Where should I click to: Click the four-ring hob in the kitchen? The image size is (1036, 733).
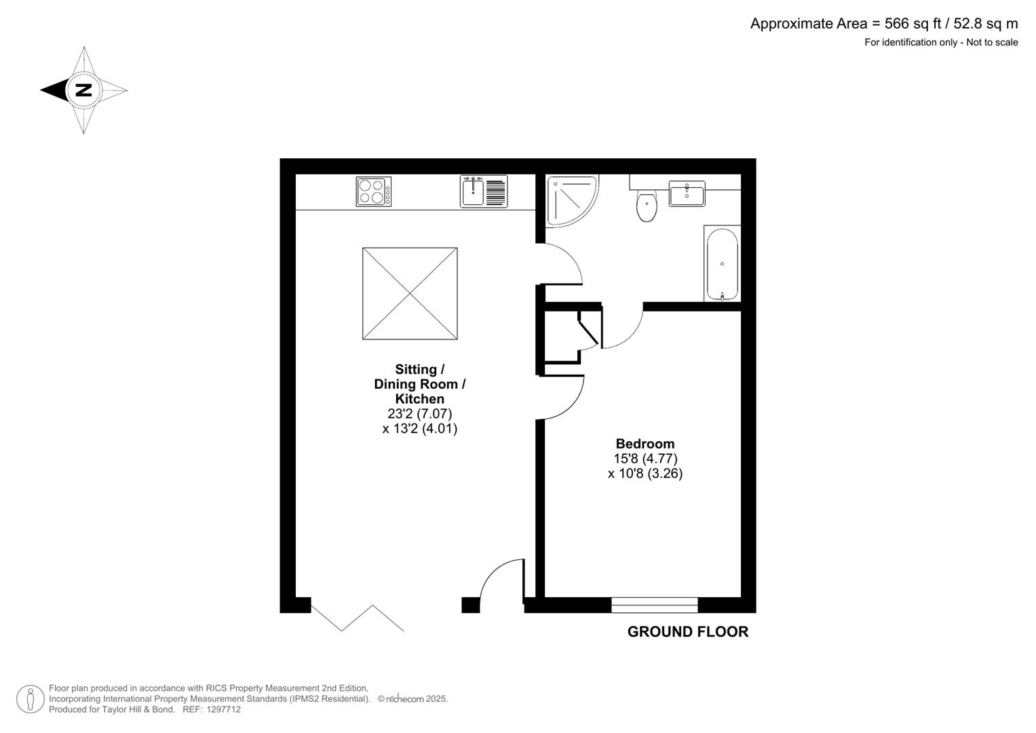coord(373,191)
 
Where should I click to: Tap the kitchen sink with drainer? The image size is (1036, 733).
coord(483,191)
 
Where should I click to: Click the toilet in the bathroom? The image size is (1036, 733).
coord(647,206)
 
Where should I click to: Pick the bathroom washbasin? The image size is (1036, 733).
coord(687,193)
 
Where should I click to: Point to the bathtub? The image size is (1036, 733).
coord(722,264)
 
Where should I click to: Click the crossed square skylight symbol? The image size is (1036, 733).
coord(410,293)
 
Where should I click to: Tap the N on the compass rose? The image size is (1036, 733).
coord(83,90)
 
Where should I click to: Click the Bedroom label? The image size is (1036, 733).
coord(645,444)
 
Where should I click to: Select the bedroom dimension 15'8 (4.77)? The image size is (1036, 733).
coord(645,459)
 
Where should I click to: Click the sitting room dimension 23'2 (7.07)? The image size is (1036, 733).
coord(419,413)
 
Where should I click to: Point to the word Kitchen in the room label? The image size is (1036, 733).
coord(419,399)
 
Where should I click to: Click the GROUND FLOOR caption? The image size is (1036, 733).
coord(687,632)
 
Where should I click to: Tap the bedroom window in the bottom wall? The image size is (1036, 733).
coord(654,604)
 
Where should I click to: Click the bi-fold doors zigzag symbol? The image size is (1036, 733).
coord(357,618)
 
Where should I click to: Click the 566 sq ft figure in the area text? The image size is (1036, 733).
coord(913,24)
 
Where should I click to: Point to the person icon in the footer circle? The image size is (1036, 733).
coord(31,699)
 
